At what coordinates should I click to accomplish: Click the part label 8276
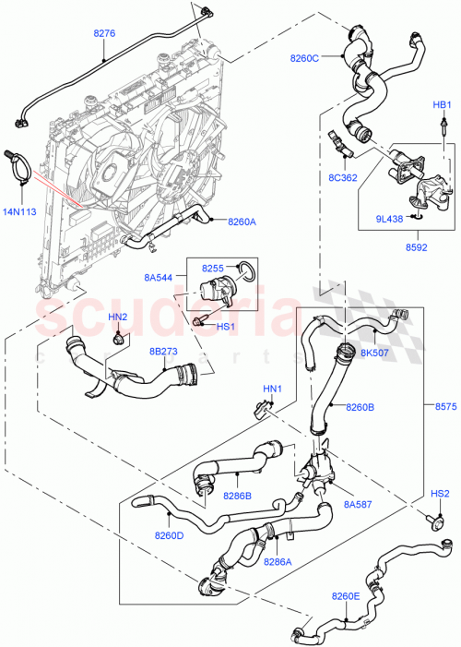(x=104, y=33)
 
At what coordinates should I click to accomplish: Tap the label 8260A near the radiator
(x=242, y=222)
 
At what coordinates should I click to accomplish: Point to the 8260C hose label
(x=303, y=59)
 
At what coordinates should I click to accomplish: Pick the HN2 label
(x=118, y=318)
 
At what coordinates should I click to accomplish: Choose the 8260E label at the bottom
(x=346, y=596)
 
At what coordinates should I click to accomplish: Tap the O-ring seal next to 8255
(x=247, y=271)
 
